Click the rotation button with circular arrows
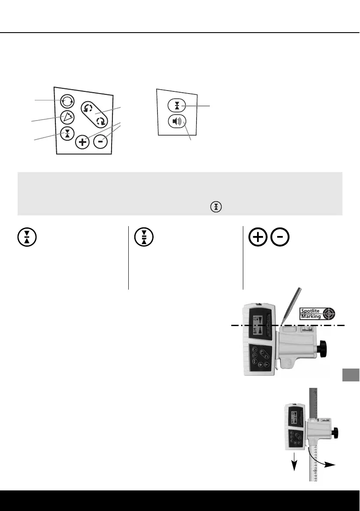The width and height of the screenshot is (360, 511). pos(67,101)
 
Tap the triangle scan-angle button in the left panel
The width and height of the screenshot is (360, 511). pos(67,116)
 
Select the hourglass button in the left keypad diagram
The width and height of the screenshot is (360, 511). pos(67,133)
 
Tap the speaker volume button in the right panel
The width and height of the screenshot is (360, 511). pos(177,122)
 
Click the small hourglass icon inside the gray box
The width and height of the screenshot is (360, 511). pos(215,206)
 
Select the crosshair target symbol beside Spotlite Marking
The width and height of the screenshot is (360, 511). pos(329,314)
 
